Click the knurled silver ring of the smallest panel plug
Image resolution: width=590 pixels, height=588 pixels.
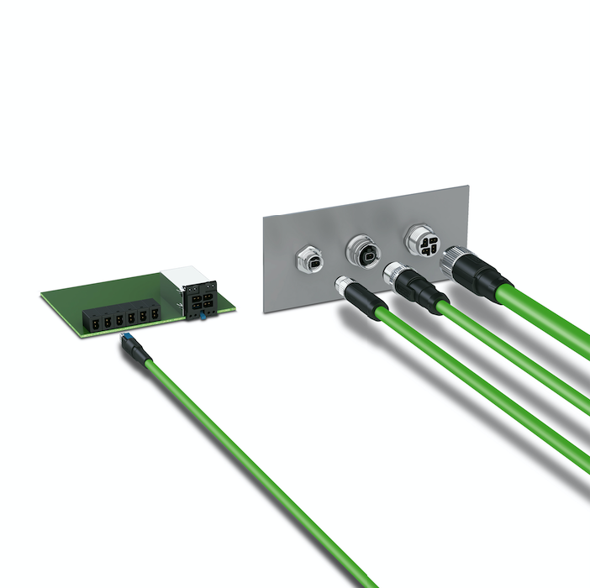pyautogui.click(x=345, y=286)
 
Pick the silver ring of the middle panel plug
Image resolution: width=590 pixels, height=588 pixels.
pyautogui.click(x=394, y=273)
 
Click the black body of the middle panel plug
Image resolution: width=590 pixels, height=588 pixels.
pyautogui.click(x=420, y=291)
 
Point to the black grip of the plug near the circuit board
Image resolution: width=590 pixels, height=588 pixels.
pyautogui.click(x=136, y=351)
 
